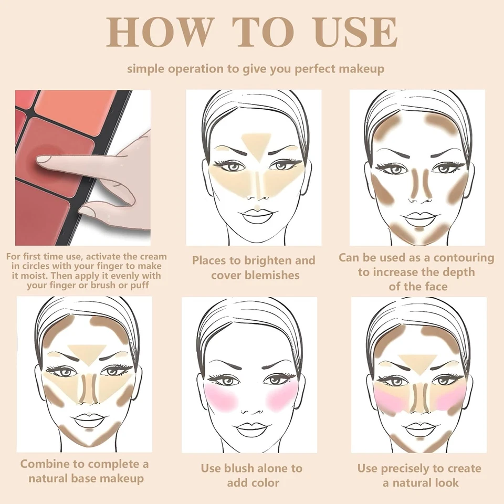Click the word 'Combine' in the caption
pyautogui.click(x=49, y=464)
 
